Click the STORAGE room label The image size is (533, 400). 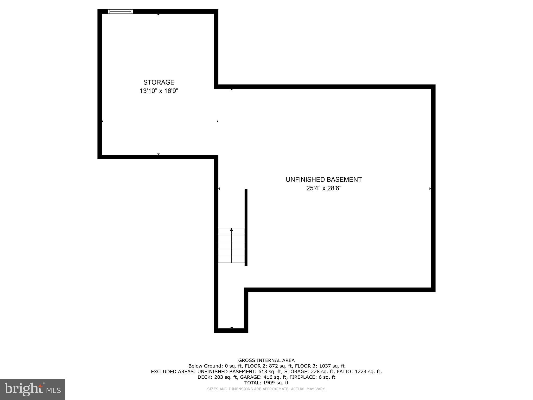[159, 82]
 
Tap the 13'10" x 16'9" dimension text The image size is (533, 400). [159, 91]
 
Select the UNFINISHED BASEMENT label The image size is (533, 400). [323, 179]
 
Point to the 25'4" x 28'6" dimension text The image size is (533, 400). [323, 188]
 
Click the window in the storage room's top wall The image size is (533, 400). [120, 11]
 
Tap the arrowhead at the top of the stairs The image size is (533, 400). [231, 230]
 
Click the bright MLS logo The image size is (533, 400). [33, 389]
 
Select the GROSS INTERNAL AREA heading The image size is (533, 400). [266, 360]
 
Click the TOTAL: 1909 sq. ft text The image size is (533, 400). [266, 383]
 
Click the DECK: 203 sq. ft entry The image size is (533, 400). [217, 377]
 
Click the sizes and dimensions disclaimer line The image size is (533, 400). [266, 389]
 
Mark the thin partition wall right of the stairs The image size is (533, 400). [246, 227]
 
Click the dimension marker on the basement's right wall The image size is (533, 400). [430, 189]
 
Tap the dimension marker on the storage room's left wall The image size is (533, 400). [103, 121]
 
